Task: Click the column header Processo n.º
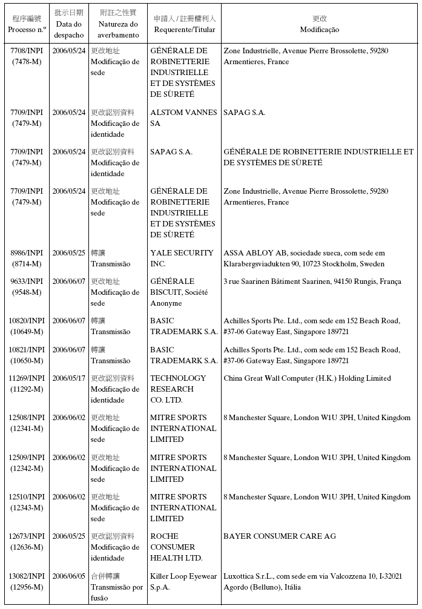[27, 29]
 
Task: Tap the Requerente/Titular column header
[184, 30]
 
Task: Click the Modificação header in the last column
[319, 30]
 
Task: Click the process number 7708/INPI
[27, 51]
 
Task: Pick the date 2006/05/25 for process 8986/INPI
[69, 253]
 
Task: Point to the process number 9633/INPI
[27, 281]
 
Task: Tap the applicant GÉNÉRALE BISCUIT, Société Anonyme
[180, 292]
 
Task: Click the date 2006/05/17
[69, 378]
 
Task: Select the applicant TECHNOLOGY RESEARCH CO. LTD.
[177, 389]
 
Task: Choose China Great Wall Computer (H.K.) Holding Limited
[307, 378]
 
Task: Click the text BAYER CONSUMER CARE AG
[279, 536]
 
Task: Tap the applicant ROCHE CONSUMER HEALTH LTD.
[176, 547]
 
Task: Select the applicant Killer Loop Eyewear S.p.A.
[183, 582]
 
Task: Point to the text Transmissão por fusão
[116, 593]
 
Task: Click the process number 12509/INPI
[27, 458]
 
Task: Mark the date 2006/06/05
[69, 576]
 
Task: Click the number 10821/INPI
[27, 350]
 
